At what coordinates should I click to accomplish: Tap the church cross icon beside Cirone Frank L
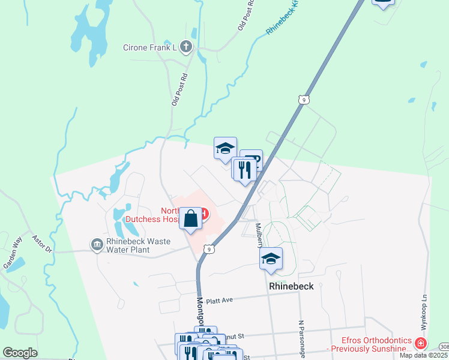pos(186,47)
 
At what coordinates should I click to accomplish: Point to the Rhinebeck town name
pos(291,286)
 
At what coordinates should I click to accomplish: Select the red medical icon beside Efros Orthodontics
pos(421,344)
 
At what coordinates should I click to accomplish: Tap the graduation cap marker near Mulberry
pos(271,259)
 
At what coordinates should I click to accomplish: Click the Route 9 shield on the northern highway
pos(304,100)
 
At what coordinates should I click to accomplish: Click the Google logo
pos(20,353)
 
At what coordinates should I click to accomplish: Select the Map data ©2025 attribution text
pos(424,355)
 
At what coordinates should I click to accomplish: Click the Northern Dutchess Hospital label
pos(179,215)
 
